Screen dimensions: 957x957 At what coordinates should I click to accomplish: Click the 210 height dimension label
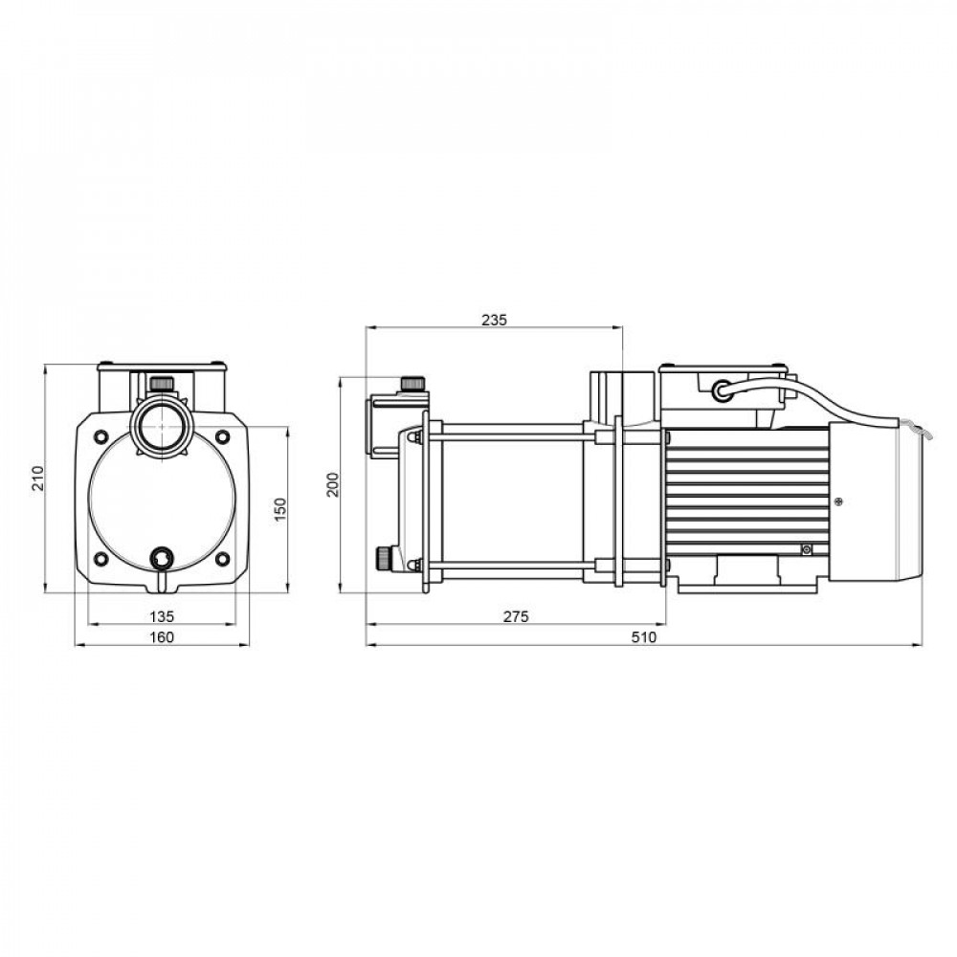point(37,478)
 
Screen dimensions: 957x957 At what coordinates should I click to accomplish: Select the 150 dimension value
point(279,508)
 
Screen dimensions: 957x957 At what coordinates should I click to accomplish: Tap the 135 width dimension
point(163,615)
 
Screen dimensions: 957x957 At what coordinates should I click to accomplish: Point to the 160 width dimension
point(163,638)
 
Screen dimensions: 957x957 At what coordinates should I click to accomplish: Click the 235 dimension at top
point(493,320)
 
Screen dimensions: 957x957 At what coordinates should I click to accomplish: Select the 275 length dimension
point(516,616)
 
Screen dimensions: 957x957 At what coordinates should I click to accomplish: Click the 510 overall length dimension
point(643,638)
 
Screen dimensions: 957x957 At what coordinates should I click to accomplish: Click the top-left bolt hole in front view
point(100,436)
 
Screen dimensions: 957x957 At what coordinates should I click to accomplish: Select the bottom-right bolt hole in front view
point(223,559)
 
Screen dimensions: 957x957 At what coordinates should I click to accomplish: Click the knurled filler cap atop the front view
point(161,384)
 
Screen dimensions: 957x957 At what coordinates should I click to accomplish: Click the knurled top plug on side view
point(412,384)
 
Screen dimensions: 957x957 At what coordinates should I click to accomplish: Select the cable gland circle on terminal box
point(720,389)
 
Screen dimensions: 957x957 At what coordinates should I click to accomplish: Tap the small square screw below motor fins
point(807,548)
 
